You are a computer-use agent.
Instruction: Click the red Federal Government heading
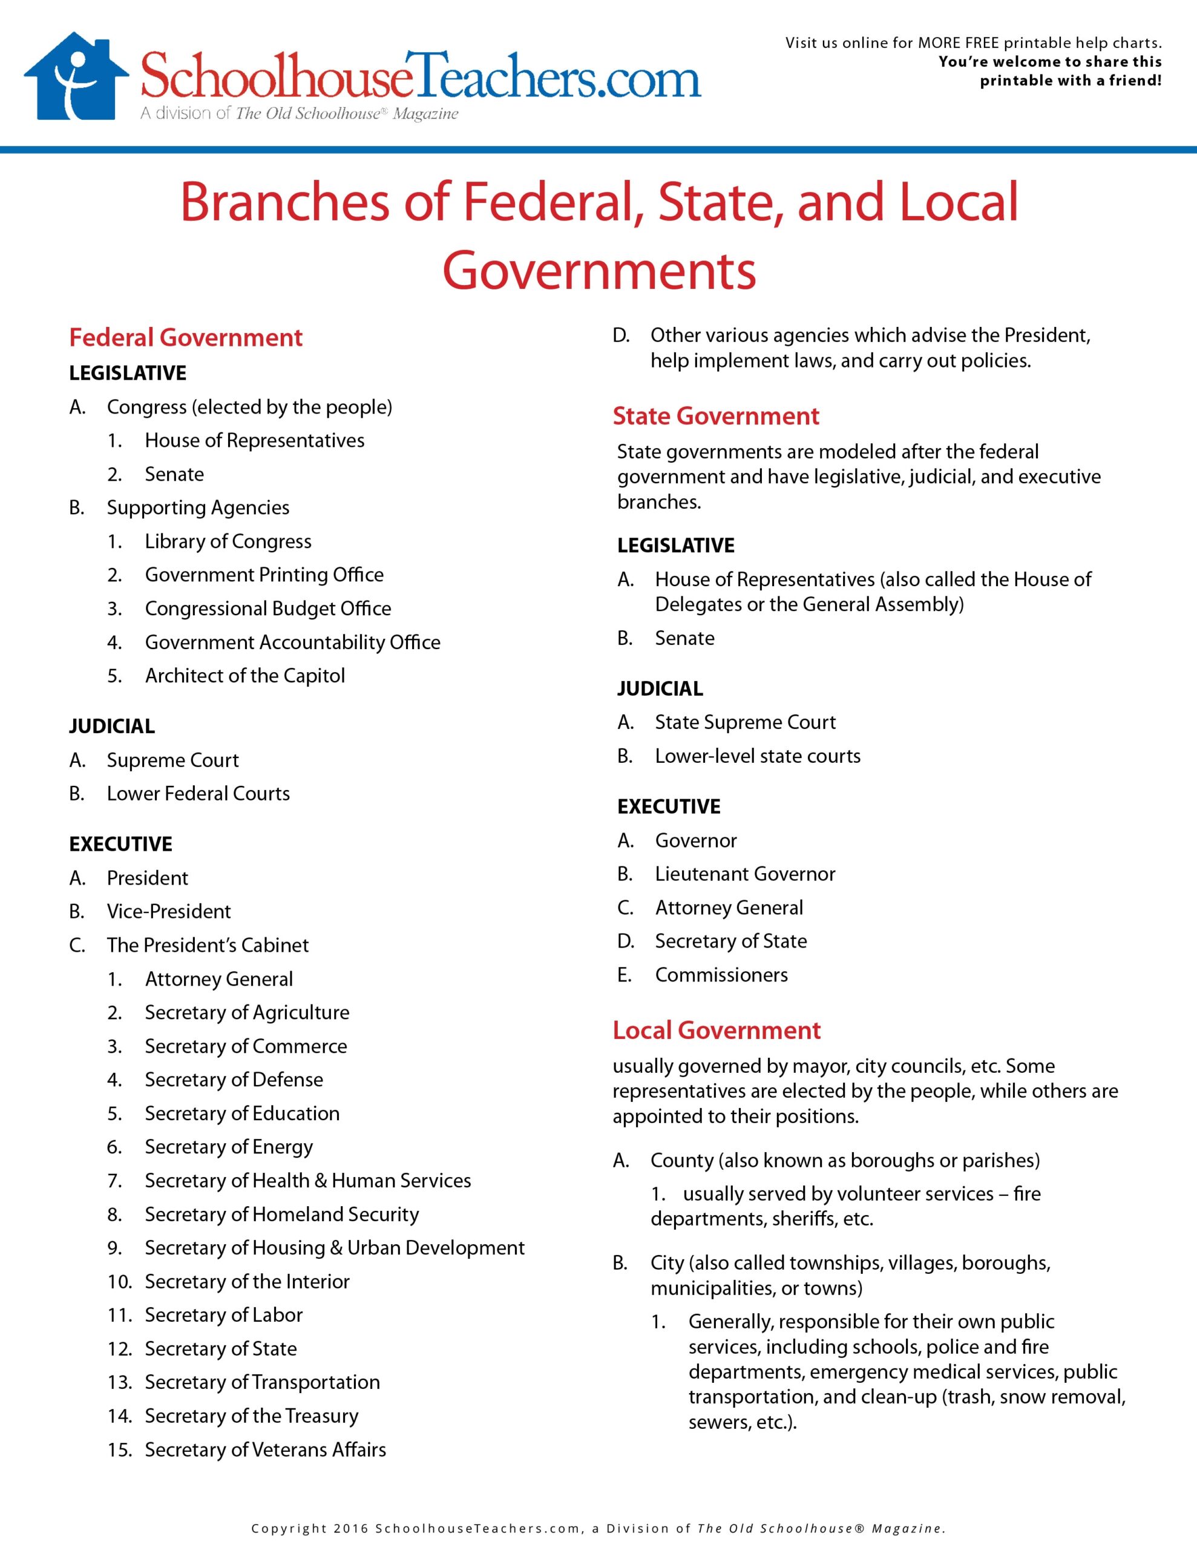point(185,337)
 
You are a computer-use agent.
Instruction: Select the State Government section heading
point(715,416)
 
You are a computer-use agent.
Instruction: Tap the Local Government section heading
point(716,1030)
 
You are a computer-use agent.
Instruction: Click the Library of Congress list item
point(228,541)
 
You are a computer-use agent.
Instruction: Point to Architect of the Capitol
point(245,676)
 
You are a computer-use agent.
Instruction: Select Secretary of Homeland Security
point(281,1215)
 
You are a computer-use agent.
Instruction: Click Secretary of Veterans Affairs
point(266,1449)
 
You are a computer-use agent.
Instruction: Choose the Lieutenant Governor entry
point(744,874)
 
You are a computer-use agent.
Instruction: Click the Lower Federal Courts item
point(198,793)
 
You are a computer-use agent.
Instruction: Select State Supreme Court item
point(745,722)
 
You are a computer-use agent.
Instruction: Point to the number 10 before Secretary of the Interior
point(119,1282)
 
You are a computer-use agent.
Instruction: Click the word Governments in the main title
point(599,271)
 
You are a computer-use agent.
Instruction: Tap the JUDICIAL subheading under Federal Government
point(111,726)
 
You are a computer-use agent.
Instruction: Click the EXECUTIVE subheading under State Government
point(668,806)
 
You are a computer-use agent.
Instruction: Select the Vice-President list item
point(169,911)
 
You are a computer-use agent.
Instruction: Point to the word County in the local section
point(681,1160)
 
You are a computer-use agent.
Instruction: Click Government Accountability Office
point(292,642)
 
